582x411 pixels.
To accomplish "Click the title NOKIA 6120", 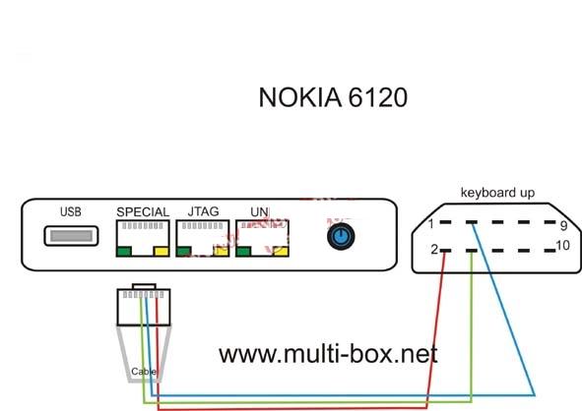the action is coord(333,97).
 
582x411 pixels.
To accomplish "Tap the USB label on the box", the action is coord(71,212).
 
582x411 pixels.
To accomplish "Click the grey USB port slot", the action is coord(71,236).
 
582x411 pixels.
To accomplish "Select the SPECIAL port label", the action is coord(143,212).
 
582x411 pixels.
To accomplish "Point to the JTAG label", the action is coord(203,211).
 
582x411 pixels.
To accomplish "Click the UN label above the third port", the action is coord(259,212).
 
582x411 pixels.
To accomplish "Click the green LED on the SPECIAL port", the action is coord(124,252).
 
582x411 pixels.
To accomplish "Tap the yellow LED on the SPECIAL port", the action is coord(162,252).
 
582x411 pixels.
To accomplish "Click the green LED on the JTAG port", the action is coord(184,252).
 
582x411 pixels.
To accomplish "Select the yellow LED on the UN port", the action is coord(281,252).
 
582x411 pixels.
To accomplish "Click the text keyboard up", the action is coord(497,193).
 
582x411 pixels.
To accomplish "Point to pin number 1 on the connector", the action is coord(431,224).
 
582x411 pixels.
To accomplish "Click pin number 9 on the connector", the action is coord(564,226).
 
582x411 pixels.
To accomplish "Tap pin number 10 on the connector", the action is coord(563,246).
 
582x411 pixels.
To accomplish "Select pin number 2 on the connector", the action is coord(434,250).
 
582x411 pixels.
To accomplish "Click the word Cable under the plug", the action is coord(144,372).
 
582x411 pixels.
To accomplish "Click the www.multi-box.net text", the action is coord(328,354).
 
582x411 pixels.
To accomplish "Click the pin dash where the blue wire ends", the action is coord(472,222).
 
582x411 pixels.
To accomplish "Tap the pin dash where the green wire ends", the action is coord(472,251).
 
